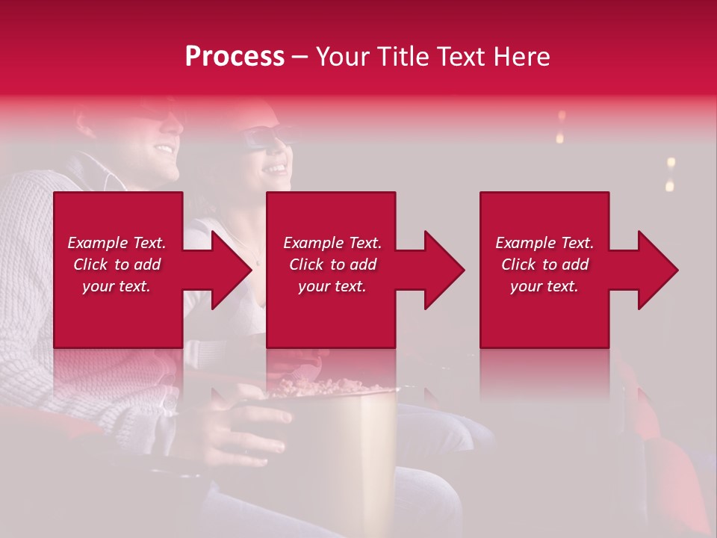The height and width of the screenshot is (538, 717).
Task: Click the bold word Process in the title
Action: point(235,56)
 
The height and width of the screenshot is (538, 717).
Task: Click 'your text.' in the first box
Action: point(116,286)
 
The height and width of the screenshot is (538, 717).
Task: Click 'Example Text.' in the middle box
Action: point(332,243)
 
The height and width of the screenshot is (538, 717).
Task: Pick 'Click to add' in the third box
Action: point(544,265)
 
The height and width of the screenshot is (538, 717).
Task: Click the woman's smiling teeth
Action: point(277,168)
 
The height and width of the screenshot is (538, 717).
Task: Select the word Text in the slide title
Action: point(460,56)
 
